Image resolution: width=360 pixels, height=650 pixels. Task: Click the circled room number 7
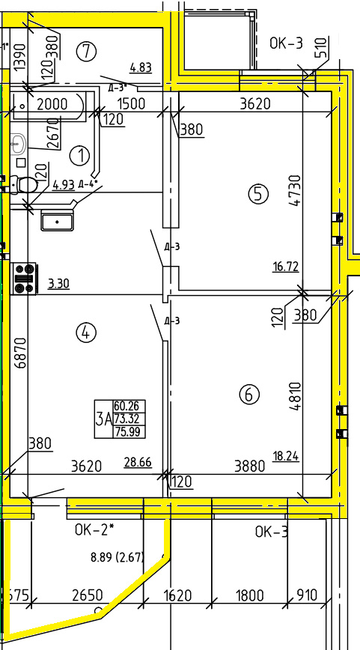pos(87,52)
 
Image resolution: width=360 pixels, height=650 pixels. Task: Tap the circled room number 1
pos(80,156)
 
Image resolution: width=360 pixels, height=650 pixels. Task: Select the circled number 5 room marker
pos(258,194)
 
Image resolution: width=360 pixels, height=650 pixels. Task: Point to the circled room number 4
pos(86,332)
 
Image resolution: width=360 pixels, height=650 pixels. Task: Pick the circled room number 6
pos(249,394)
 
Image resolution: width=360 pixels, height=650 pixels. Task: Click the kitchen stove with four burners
pos(24,279)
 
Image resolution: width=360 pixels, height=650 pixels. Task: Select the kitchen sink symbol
pos(57,220)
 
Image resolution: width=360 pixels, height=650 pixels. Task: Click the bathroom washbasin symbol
pos(18,142)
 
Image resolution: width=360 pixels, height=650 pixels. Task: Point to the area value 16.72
pos(285,266)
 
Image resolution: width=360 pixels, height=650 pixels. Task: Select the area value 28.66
pos(138,462)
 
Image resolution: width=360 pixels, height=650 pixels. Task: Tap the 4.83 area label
pos(141,67)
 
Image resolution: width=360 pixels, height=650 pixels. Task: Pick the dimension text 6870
pos(21,353)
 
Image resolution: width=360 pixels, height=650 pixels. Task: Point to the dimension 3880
pos(249,467)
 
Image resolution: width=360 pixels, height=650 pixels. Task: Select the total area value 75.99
pos(129,432)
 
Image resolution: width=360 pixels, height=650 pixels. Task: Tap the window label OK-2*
pos(94,529)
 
